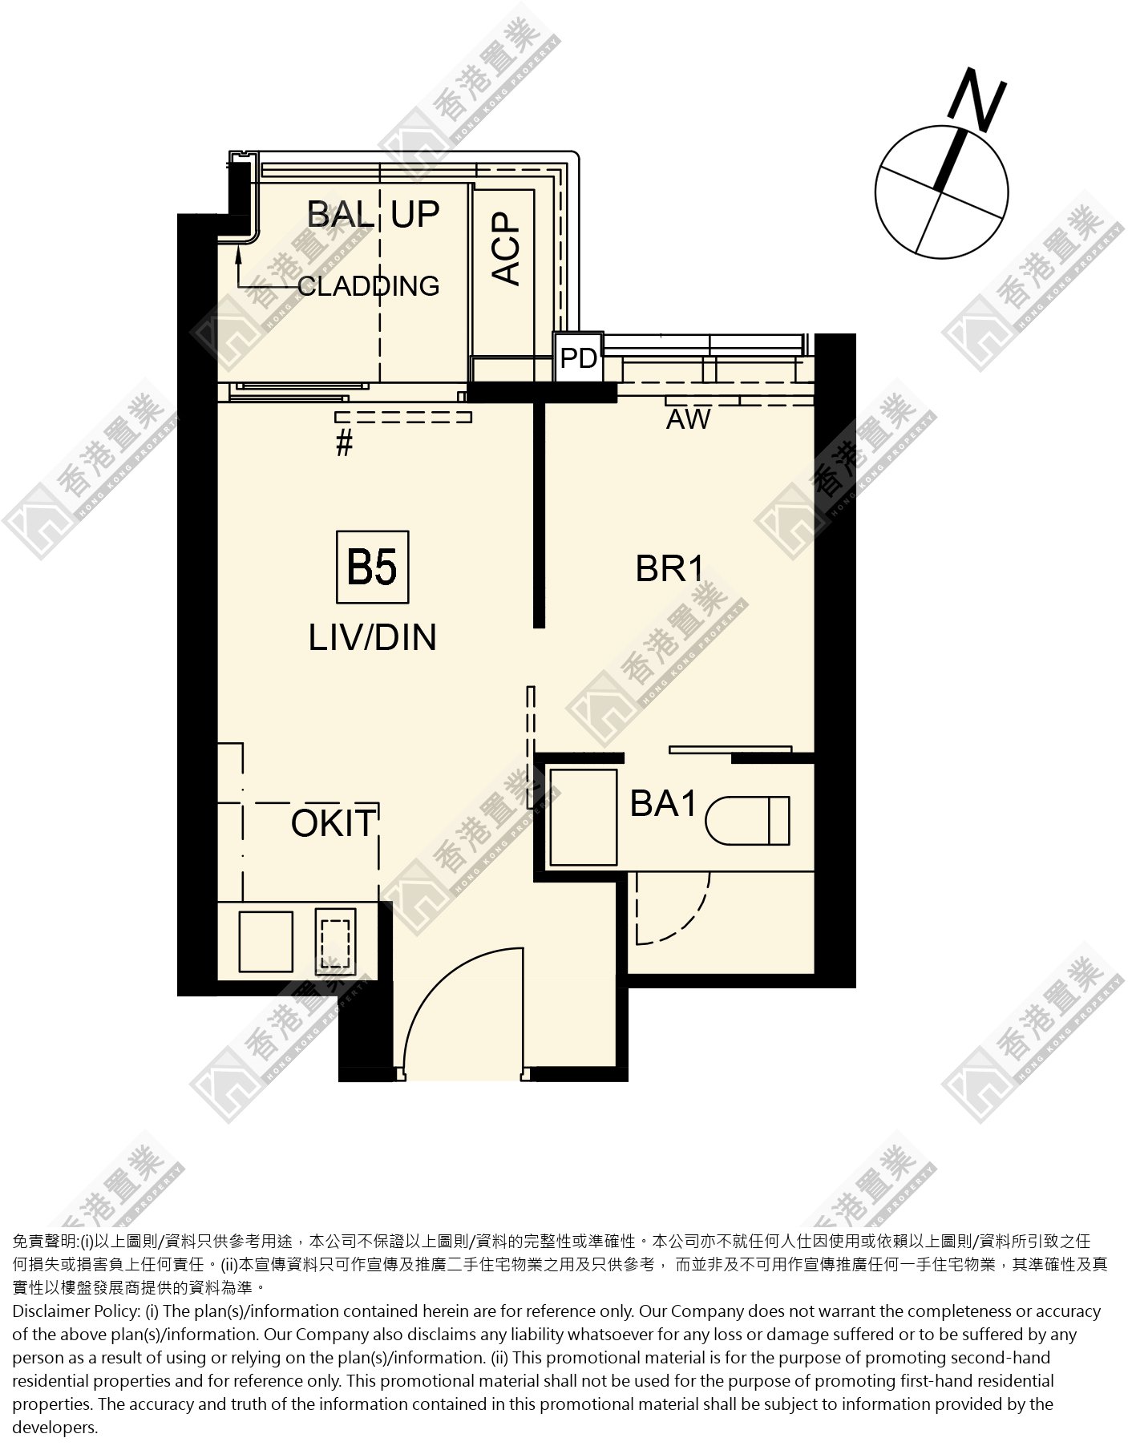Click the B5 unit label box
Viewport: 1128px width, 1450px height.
372,567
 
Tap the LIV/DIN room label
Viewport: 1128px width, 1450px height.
373,637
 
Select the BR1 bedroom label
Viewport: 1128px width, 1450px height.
669,568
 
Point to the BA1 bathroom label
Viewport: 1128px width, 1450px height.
664,803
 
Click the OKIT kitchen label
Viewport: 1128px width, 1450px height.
334,823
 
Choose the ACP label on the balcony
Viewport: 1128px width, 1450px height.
506,248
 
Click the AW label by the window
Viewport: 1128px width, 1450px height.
688,418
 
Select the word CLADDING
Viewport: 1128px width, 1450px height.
368,285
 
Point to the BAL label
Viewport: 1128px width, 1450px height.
341,214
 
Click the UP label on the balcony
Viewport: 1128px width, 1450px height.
415,214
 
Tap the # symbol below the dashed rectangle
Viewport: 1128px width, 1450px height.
344,443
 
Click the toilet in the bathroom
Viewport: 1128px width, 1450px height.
747,819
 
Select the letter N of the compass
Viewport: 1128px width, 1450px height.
976,102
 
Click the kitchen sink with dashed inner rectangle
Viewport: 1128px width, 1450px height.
336,940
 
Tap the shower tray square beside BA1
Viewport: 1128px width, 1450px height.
583,817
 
